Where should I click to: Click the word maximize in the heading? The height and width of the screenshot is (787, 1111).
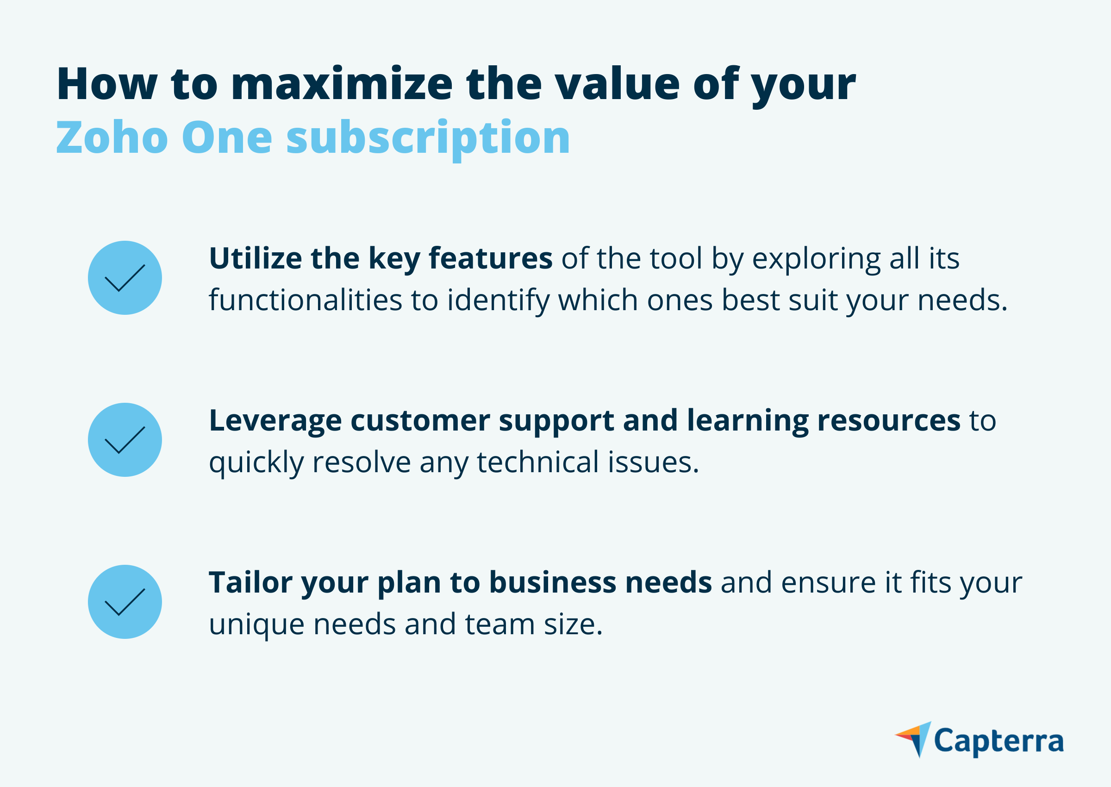pyautogui.click(x=342, y=84)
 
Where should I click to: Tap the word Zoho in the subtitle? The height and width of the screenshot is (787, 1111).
pyautogui.click(x=112, y=137)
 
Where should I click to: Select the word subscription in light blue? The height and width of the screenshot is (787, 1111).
pyautogui.click(x=428, y=139)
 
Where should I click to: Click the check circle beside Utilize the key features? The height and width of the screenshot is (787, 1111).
pyautogui.click(x=125, y=278)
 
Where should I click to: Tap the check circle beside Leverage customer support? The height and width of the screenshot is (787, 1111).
pyautogui.click(x=125, y=439)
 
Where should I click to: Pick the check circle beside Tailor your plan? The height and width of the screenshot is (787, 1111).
pyautogui.click(x=125, y=601)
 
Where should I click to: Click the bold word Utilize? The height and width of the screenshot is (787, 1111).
pyautogui.click(x=256, y=258)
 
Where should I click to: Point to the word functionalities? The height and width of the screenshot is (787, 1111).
pyautogui.click(x=306, y=300)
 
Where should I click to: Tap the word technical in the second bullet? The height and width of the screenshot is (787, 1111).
pyautogui.click(x=538, y=462)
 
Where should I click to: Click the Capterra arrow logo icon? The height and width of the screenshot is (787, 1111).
pyautogui.click(x=913, y=739)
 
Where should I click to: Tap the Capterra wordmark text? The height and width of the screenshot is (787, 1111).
pyautogui.click(x=999, y=742)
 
